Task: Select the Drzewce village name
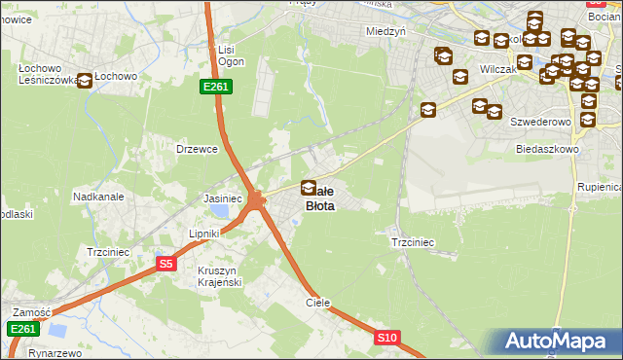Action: point(195,149)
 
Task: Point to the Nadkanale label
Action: point(97,196)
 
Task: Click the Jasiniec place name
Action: point(222,198)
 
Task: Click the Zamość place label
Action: point(31,312)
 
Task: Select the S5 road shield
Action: point(166,264)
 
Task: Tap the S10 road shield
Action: point(387,338)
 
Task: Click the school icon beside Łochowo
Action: point(85,81)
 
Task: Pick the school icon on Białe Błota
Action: point(309,188)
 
